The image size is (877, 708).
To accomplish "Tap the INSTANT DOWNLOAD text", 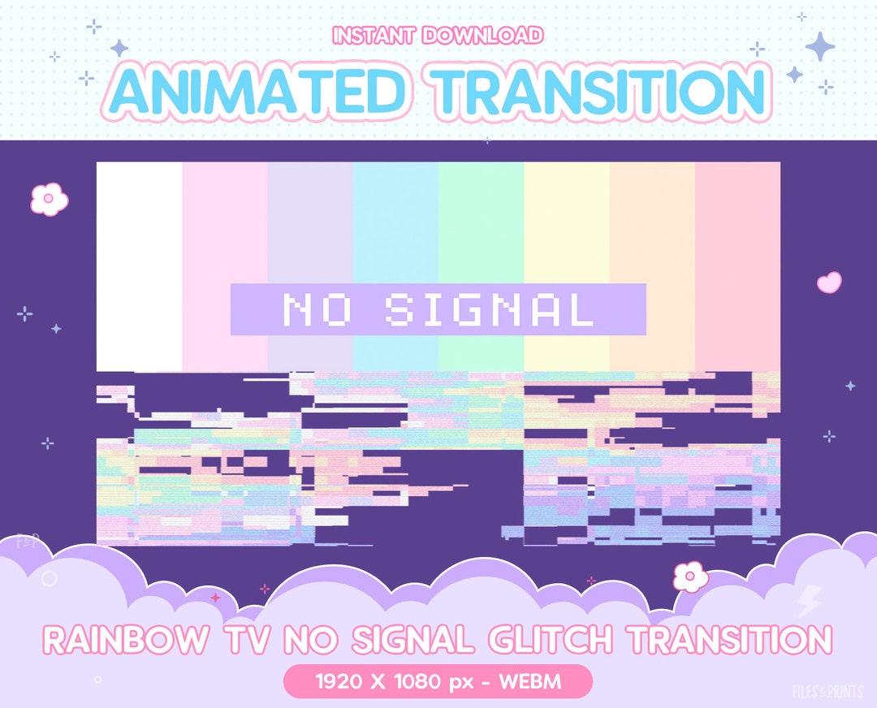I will (x=438, y=36).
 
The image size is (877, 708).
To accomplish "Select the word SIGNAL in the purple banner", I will (x=490, y=309).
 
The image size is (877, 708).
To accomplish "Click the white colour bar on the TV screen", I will (x=139, y=244).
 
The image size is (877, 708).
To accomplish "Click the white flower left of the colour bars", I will (x=49, y=199).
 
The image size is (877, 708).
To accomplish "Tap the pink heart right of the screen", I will (x=829, y=283).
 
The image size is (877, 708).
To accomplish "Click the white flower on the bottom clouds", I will (x=689, y=576).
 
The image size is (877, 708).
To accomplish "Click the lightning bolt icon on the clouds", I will (x=810, y=602).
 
